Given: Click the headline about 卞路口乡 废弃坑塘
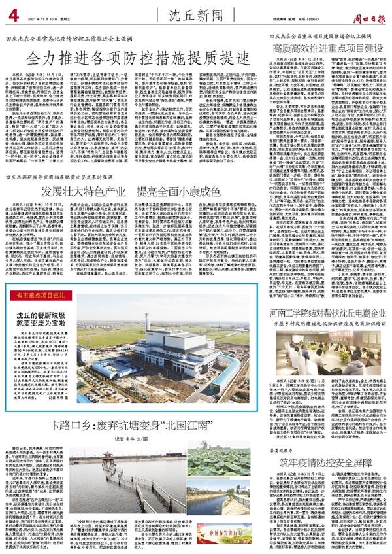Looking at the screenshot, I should click(x=135, y=409).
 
